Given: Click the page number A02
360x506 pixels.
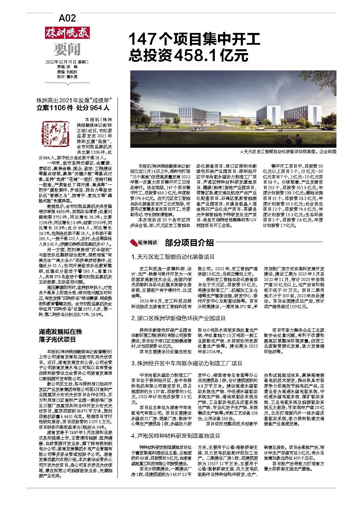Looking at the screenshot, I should tap(67, 18).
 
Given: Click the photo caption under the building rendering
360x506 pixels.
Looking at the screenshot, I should tap(288, 152).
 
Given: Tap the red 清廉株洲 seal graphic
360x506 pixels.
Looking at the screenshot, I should tap(57, 130).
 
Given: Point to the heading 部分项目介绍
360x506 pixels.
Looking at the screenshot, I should tap(189, 242).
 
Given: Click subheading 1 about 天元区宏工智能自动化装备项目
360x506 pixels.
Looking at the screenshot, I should tap(173, 257).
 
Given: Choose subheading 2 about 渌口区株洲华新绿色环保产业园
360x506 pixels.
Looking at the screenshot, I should tap(178, 318).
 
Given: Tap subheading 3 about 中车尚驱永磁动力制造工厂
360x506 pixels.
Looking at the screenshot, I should tap(186, 363).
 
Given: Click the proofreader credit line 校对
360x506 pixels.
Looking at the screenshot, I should tap(67, 76).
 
